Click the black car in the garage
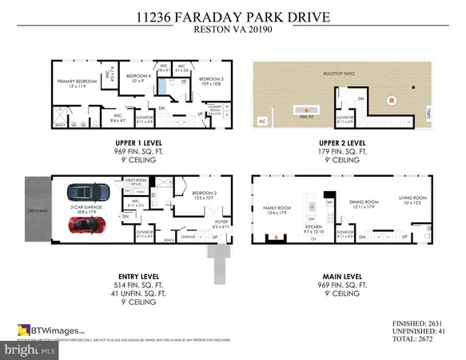pos(89,193)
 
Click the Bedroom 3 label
pos(210,80)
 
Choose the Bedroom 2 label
pos(201,194)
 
